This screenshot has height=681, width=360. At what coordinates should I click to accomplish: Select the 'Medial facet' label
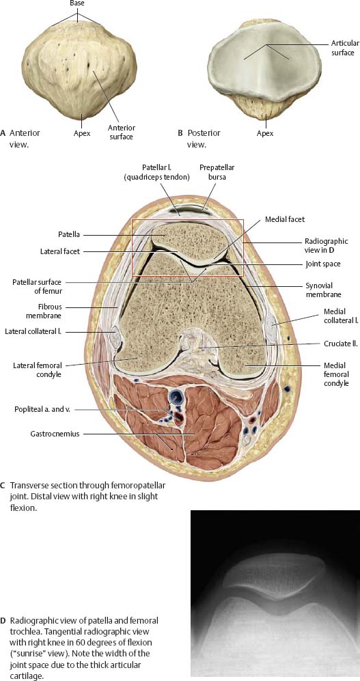[285, 219]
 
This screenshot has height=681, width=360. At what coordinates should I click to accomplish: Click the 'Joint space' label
[322, 263]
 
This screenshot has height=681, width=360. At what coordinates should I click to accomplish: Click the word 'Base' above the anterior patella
[78, 3]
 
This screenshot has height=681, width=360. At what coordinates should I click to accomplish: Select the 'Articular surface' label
[343, 48]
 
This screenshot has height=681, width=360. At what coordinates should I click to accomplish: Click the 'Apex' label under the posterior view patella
[265, 133]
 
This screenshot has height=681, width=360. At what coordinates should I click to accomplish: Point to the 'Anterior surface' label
[122, 132]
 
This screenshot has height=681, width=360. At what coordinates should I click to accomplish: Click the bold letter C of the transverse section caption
[3, 485]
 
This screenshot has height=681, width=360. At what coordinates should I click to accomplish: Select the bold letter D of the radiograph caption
[3, 620]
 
